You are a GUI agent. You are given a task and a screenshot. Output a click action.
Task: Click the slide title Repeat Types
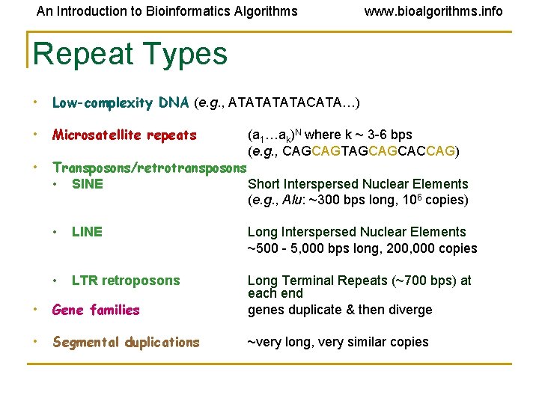130,54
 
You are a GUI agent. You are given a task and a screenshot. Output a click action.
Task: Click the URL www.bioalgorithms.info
433,11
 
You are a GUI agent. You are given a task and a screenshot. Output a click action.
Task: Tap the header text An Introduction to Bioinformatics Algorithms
167,11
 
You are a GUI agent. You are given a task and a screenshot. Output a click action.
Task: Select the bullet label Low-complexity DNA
121,102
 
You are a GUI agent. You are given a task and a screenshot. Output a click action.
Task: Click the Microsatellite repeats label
124,135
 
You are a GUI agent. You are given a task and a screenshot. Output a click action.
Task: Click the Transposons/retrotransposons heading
149,168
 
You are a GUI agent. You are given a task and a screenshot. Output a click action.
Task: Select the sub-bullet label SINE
88,184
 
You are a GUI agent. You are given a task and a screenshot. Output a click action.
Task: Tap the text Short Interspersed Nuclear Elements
357,184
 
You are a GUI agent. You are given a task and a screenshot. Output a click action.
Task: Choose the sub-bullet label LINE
87,232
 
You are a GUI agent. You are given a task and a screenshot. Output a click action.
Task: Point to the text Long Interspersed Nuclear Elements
356,232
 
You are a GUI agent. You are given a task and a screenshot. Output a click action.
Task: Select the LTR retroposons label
126,281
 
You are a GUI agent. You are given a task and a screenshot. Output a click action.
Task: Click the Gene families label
96,310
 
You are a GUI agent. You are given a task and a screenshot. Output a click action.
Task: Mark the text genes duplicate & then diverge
340,310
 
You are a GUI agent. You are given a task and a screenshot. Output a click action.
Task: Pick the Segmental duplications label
126,342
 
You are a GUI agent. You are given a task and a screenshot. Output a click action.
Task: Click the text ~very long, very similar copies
338,342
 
